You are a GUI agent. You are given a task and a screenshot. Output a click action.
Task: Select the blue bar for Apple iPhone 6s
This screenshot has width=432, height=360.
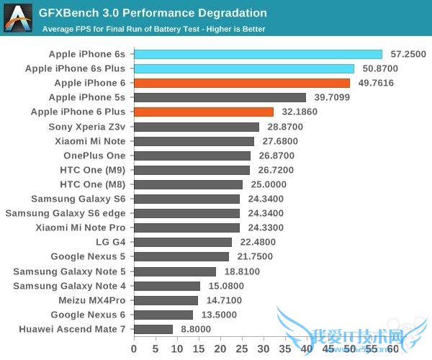point(258,54)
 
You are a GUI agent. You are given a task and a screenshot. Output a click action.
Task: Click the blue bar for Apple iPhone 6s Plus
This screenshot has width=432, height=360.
point(243,68)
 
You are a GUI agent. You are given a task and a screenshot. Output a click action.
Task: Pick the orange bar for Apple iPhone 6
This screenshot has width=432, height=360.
point(241,83)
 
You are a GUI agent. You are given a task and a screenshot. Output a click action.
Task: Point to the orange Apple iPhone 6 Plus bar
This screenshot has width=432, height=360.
point(203,112)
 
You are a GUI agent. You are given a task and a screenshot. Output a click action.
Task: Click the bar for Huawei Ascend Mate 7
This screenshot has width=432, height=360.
point(153,329)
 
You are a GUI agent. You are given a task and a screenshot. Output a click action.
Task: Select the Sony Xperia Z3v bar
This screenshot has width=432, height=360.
point(196,127)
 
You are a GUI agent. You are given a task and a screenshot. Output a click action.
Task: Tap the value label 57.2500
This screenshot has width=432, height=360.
point(408,54)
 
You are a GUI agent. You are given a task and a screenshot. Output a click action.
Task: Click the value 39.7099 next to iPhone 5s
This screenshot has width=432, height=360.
point(333,97)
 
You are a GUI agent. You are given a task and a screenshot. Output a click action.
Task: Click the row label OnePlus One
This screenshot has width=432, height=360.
point(94,156)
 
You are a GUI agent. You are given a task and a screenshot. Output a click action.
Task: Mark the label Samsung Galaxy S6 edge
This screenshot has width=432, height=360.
point(66,213)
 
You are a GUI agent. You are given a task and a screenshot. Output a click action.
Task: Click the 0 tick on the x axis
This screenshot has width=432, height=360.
point(134,348)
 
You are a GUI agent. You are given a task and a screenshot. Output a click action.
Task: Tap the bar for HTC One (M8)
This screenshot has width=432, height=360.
point(187,184)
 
